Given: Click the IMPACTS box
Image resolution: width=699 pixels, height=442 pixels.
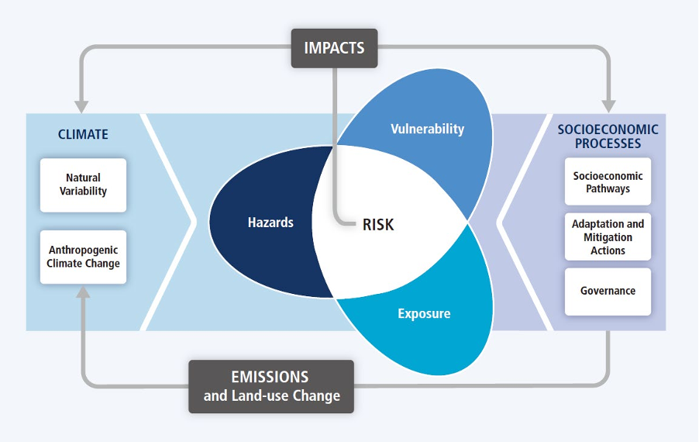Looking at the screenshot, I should pos(334,47).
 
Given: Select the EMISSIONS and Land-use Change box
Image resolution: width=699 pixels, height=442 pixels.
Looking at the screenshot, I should pos(271,386).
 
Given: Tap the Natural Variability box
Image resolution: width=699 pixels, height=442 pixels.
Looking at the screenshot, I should pos(83,185).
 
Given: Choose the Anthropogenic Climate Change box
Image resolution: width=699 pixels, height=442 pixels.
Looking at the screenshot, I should pos(84,257).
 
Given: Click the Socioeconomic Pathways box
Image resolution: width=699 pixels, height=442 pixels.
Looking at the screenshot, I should pos(608,181).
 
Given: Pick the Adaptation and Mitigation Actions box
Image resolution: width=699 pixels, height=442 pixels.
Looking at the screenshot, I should pos(608,237).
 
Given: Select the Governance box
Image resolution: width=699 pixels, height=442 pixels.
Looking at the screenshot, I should pos(608,291).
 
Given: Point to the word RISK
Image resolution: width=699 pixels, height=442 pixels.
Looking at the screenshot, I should pos(378,225).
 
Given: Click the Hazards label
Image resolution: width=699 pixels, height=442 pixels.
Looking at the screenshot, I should pos(270,223).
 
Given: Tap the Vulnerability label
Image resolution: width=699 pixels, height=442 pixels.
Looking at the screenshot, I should pos(427,129).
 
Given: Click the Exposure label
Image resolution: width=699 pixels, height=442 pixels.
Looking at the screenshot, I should pos(424,314).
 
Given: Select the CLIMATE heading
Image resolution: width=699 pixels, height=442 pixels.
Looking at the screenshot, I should pos(83,134).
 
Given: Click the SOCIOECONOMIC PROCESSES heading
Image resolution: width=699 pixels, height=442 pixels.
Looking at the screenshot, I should pos(608,136).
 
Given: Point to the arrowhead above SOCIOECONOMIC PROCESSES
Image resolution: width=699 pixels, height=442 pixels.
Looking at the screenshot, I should pos(608,104).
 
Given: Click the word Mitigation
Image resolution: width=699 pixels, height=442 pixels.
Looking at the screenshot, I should pos(608,237).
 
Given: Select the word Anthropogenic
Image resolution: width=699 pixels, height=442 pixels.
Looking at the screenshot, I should pos(84,250).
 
